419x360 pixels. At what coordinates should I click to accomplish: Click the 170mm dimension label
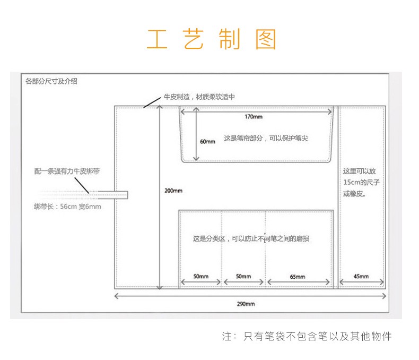click(x=254, y=117)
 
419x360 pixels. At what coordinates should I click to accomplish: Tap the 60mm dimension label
click(x=207, y=142)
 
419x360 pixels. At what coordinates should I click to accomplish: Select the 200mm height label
click(x=173, y=191)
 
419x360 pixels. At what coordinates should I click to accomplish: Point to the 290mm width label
click(x=246, y=304)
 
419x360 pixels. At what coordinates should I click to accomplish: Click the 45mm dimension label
click(x=361, y=276)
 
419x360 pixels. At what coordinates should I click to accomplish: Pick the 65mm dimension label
click(x=298, y=277)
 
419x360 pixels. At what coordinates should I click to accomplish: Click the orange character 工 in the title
click(x=157, y=40)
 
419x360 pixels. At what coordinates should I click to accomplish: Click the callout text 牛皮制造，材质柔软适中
click(x=199, y=97)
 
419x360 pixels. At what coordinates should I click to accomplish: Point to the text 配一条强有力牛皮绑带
click(x=67, y=172)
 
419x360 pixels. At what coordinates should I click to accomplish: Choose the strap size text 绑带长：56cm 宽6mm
click(x=67, y=207)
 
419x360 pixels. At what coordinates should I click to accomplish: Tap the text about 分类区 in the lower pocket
click(x=251, y=239)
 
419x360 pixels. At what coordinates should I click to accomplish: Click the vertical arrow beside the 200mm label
click(x=160, y=196)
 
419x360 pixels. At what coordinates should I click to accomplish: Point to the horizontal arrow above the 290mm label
click(x=249, y=295)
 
